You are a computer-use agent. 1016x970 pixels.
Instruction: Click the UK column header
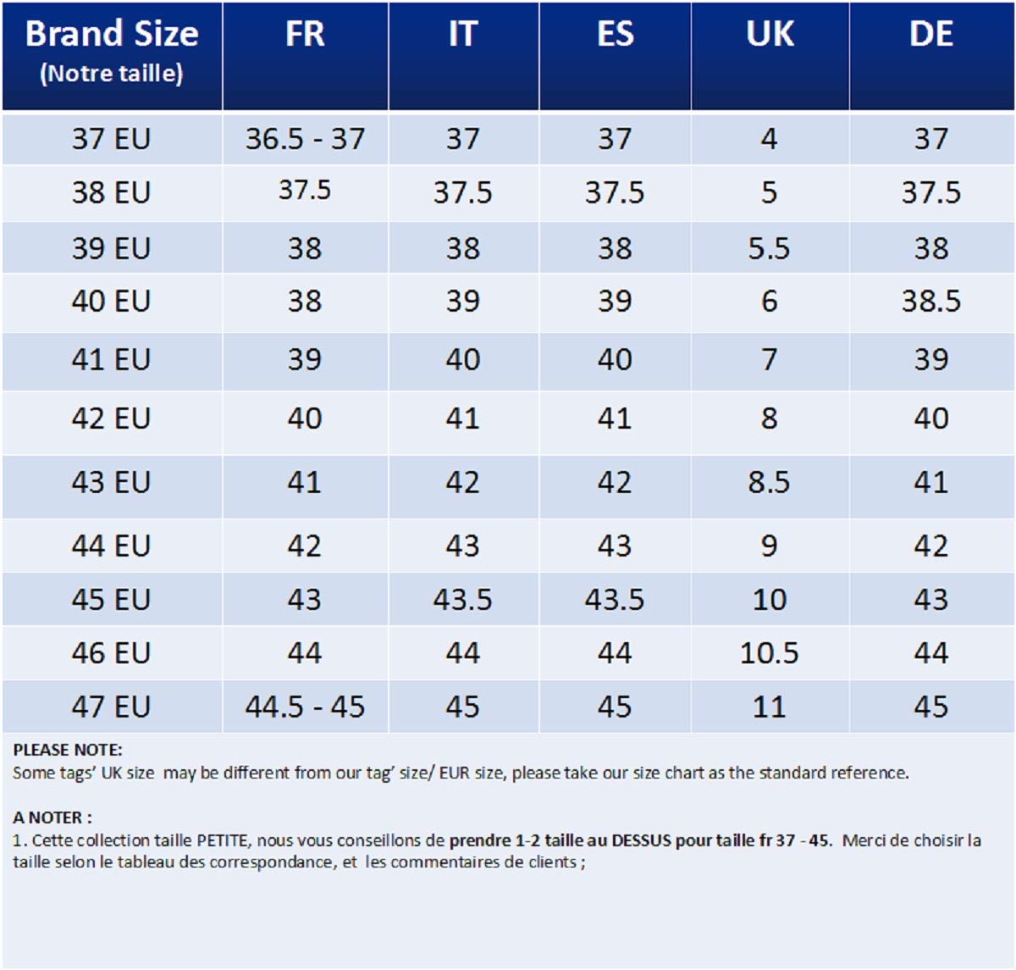pyautogui.click(x=770, y=35)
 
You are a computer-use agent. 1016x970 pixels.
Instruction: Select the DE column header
pyautogui.click(x=930, y=35)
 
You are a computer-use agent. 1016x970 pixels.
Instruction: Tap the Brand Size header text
pyautogui.click(x=112, y=34)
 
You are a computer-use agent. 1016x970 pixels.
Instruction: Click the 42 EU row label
pyautogui.click(x=111, y=418)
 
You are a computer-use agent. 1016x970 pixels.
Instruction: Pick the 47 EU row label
pyautogui.click(x=111, y=707)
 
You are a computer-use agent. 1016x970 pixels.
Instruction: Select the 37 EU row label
pyautogui.click(x=111, y=139)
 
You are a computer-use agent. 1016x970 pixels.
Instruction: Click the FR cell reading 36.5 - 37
pyautogui.click(x=305, y=139)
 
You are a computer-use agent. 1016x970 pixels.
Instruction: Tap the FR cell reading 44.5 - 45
pyautogui.click(x=305, y=707)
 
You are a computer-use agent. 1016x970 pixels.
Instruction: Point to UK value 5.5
pyautogui.click(x=769, y=248)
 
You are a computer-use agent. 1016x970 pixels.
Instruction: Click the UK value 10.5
pyautogui.click(x=769, y=653)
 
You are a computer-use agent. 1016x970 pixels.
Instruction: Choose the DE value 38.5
pyautogui.click(x=930, y=302)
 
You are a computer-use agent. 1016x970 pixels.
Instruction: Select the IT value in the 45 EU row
pyautogui.click(x=462, y=600)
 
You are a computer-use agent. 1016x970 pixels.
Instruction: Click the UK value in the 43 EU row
pyautogui.click(x=769, y=483)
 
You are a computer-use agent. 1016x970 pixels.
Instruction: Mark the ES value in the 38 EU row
pyautogui.click(x=614, y=193)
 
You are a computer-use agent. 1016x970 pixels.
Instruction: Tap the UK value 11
pyautogui.click(x=769, y=707)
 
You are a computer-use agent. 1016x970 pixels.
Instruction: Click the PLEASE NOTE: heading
pyautogui.click(x=68, y=750)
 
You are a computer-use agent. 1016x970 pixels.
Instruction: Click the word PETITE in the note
pyautogui.click(x=223, y=840)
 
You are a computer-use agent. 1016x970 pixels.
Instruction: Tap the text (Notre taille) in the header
pyautogui.click(x=112, y=74)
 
